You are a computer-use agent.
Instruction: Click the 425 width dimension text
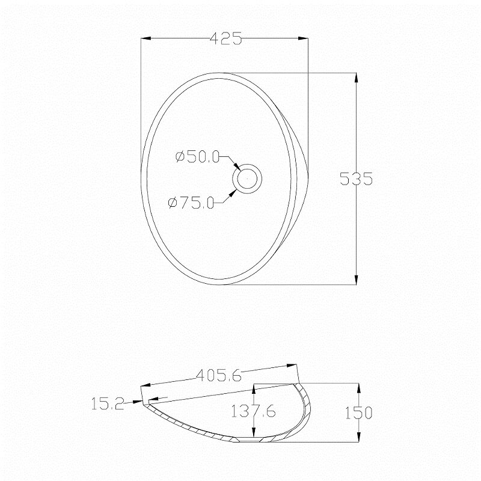tap(226, 38)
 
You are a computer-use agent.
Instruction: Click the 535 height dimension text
tap(356, 179)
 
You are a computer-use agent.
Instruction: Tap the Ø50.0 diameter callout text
tap(198, 157)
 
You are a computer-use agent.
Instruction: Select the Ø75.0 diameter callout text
tap(191, 203)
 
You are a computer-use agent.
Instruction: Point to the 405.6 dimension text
tap(219, 375)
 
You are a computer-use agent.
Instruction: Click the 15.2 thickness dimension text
tap(108, 403)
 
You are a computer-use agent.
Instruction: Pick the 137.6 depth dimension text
tap(253, 411)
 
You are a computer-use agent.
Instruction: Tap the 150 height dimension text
tap(358, 412)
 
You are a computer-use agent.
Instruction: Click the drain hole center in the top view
tap(247, 179)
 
